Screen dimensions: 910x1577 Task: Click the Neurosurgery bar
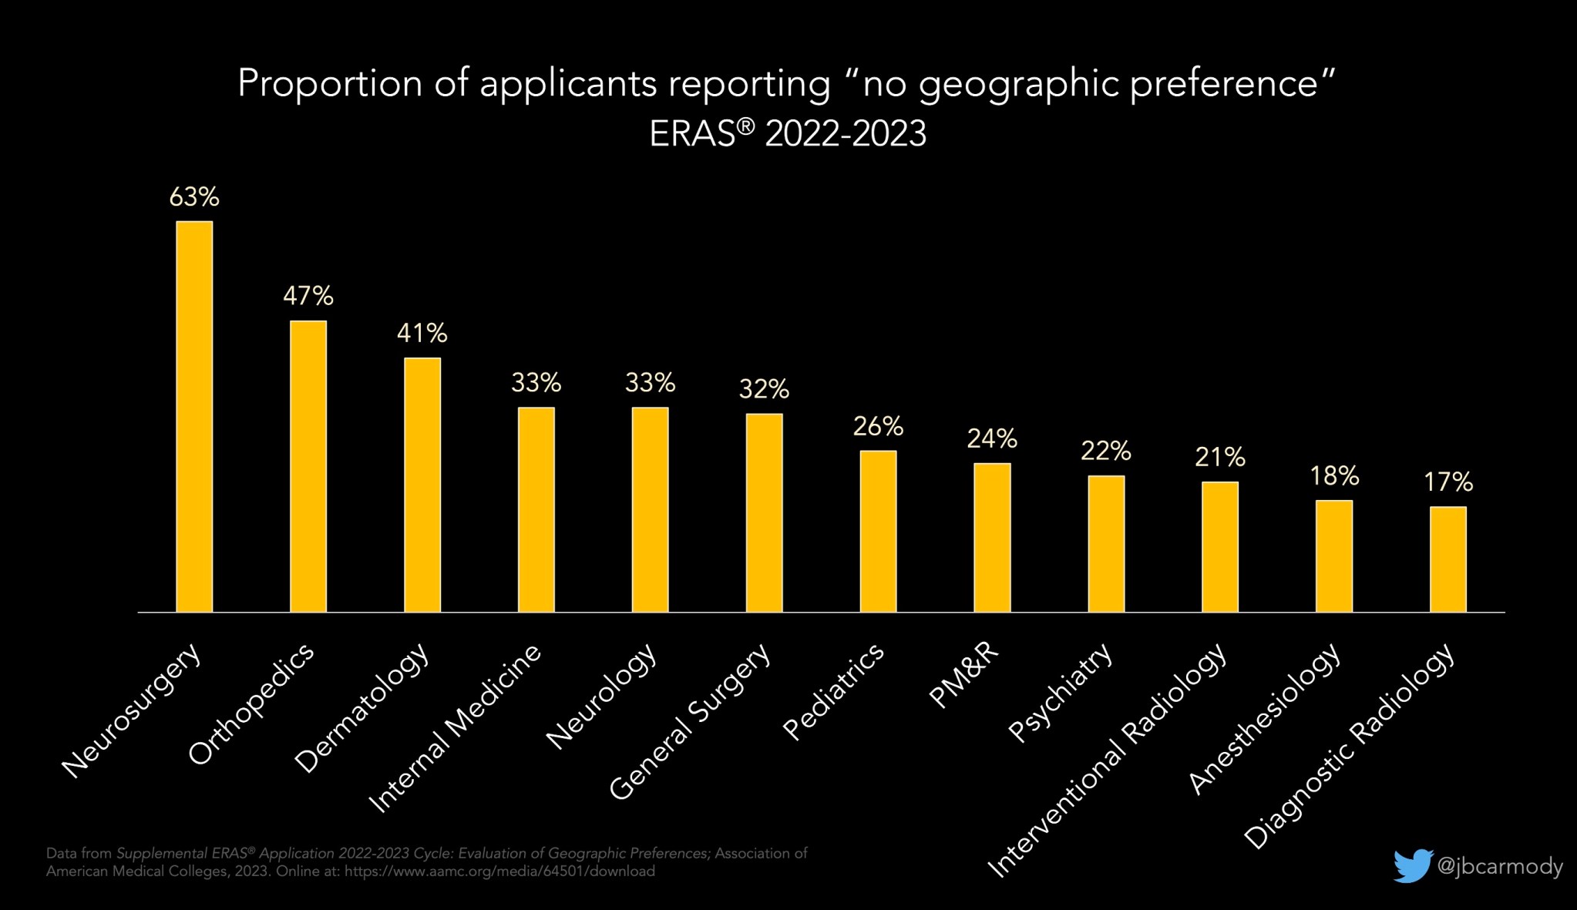(194, 416)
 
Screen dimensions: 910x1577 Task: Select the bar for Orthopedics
(308, 466)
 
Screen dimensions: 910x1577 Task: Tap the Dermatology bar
(422, 485)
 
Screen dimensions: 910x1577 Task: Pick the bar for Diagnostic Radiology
(1448, 559)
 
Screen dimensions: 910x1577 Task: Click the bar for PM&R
(992, 538)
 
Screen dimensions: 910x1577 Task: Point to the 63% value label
(194, 197)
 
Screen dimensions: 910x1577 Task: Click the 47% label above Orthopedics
(308, 296)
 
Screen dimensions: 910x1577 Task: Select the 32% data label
(764, 389)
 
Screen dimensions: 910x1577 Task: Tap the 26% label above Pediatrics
(878, 426)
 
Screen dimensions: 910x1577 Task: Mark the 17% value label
(1448, 482)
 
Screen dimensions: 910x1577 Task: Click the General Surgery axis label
(690, 720)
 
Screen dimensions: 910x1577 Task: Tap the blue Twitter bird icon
(1412, 866)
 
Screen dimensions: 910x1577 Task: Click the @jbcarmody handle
(1500, 867)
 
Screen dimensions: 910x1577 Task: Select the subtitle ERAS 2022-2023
(788, 134)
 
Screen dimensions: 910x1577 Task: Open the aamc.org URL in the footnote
(499, 871)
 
